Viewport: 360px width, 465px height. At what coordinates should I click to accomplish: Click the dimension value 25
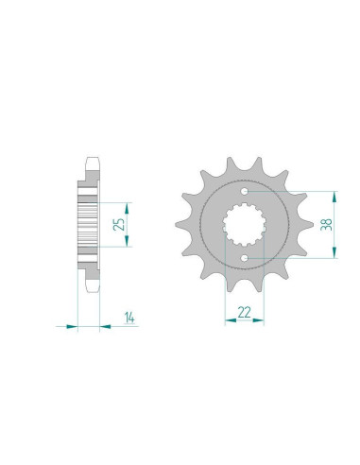coord(119,224)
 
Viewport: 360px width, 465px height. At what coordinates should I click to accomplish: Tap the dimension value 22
coord(244,312)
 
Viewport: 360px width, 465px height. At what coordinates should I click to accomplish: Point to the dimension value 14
coord(129,318)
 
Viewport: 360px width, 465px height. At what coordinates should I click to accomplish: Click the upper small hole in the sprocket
coord(245,191)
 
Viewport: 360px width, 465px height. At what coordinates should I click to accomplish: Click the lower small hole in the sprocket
coord(245,258)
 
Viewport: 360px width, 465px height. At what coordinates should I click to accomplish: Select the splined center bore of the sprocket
coord(245,225)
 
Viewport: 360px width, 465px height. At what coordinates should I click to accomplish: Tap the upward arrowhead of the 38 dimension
coord(334,197)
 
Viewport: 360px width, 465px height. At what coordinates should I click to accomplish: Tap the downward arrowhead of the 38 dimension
coord(334,252)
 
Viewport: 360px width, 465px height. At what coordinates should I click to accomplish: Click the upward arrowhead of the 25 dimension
coord(127,208)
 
